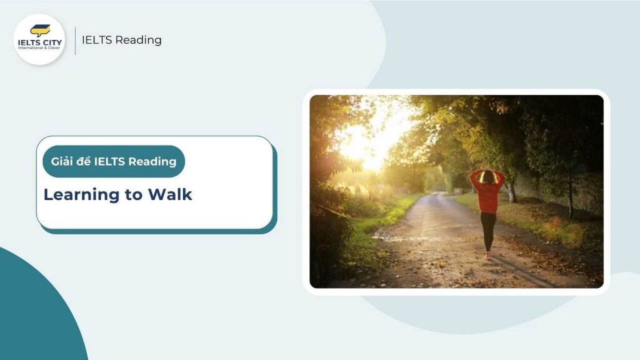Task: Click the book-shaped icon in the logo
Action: [40, 30]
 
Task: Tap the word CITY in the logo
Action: [51, 42]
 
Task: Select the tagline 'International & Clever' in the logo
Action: [39, 49]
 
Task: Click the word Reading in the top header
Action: [139, 40]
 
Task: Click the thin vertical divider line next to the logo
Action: [76, 41]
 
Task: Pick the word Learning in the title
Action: [81, 195]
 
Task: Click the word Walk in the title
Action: [169, 194]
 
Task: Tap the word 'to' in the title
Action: [133, 195]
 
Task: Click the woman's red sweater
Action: [487, 195]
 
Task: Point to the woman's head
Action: [487, 177]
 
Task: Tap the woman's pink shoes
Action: [487, 254]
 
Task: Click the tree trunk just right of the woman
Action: [512, 191]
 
